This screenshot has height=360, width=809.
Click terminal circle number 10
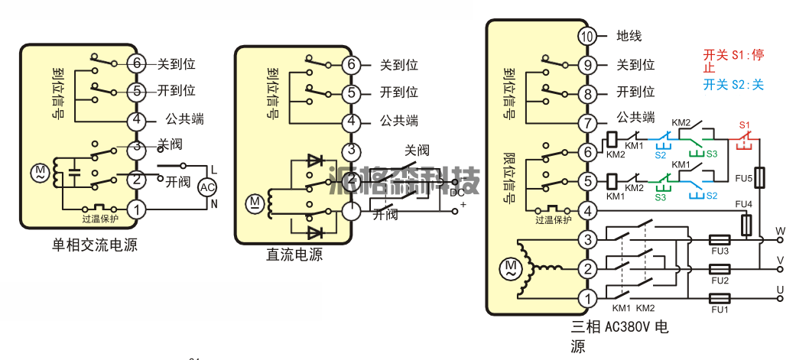[x=586, y=36]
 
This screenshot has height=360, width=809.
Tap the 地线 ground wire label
[x=629, y=36]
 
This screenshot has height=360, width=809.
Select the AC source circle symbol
[x=207, y=186]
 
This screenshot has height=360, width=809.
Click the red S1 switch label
[x=745, y=124]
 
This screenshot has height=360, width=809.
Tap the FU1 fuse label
[x=720, y=310]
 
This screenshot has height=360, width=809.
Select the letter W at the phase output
[x=781, y=230]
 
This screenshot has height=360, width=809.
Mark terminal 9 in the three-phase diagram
[x=586, y=65]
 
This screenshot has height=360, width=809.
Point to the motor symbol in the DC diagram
[x=255, y=203]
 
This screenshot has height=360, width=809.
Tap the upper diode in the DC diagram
[x=314, y=161]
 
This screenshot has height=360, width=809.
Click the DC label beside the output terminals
[x=456, y=193]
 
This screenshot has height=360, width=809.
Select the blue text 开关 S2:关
[x=733, y=85]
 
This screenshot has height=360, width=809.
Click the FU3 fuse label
[x=720, y=251]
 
